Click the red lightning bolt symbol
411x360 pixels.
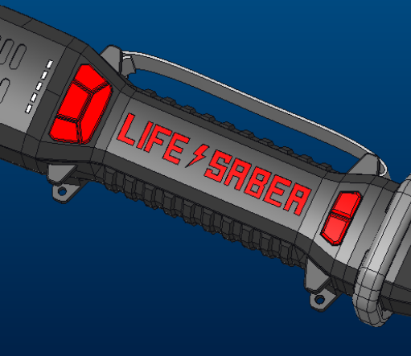[x=195, y=155]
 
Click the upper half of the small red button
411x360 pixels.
[x=348, y=205]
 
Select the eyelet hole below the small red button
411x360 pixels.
[x=322, y=301]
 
